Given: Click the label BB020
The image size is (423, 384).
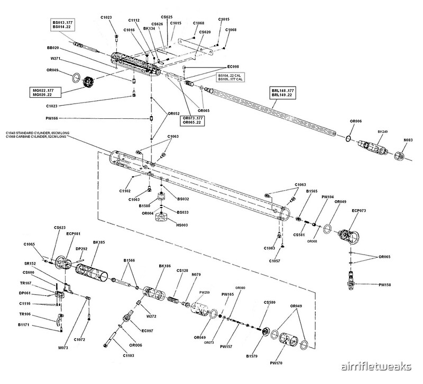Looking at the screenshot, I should pos(53,48).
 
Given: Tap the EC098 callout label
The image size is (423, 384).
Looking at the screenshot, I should pos(233,67).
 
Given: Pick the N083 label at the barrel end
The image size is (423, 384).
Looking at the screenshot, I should pos(408,141).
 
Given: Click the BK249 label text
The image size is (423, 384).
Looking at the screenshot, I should pos(383,130).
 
